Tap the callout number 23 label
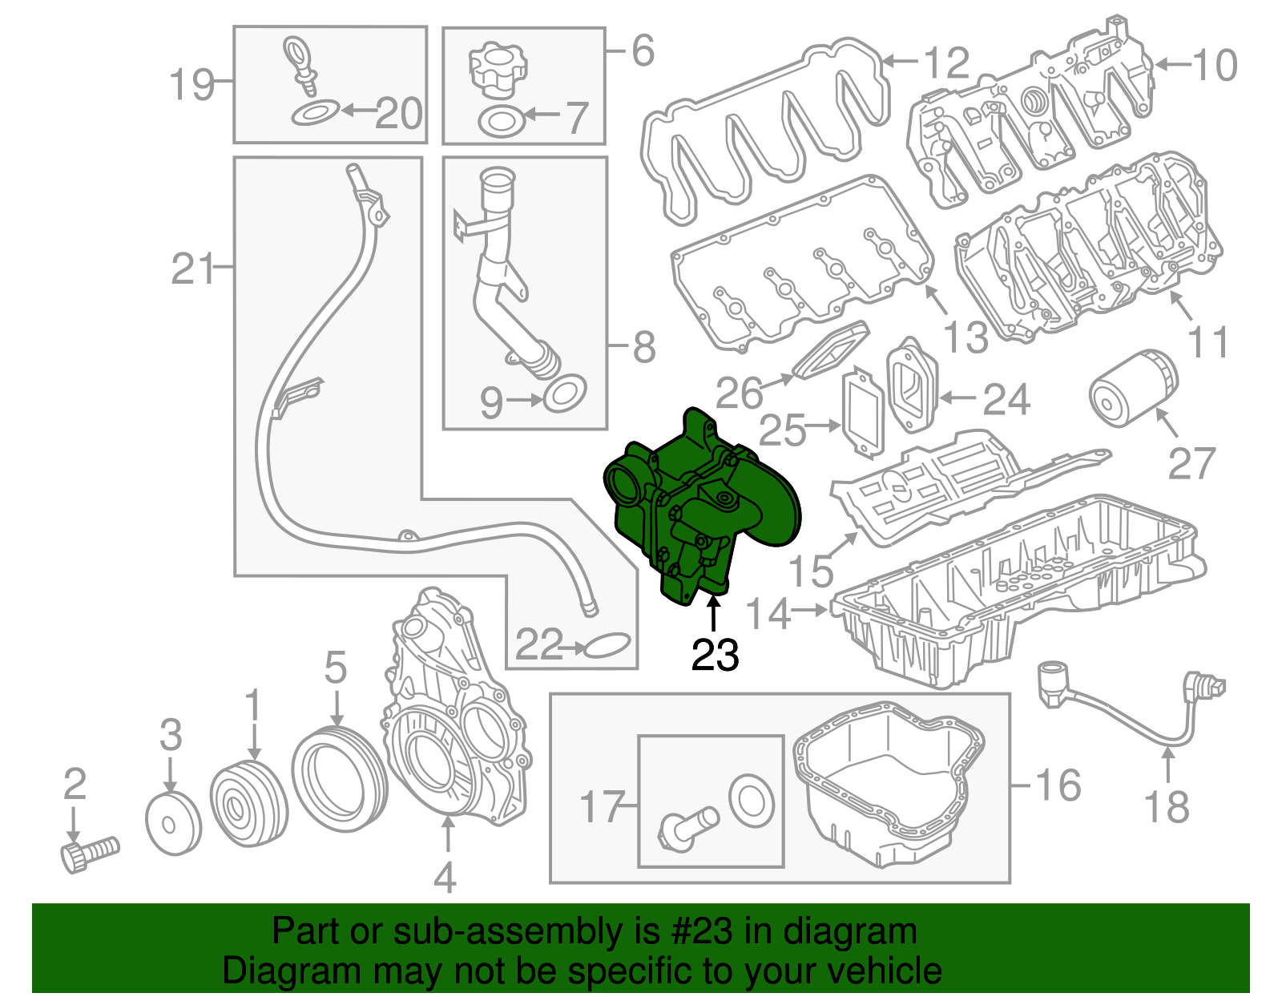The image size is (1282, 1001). [715, 656]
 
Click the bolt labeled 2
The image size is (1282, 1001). [88, 854]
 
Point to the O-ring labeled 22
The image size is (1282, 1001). [609, 645]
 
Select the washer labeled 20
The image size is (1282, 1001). [315, 113]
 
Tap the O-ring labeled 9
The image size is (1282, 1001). [565, 393]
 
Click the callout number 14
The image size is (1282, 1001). [768, 613]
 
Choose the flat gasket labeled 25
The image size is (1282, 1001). [862, 413]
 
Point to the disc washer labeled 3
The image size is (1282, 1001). [173, 823]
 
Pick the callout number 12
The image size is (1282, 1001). [946, 63]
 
